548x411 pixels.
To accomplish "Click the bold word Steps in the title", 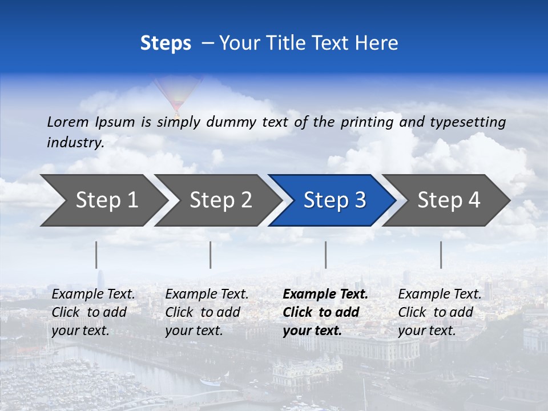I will pyautogui.click(x=166, y=43).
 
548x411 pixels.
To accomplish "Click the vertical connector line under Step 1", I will pyautogui.click(x=96, y=255).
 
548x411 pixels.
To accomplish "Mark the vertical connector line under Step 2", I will pyautogui.click(x=211, y=255).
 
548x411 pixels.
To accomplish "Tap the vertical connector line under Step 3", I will pyautogui.click(x=325, y=255).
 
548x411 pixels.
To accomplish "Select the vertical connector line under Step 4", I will pyautogui.click(x=441, y=255).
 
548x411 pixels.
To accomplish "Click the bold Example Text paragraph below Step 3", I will pyautogui.click(x=325, y=312).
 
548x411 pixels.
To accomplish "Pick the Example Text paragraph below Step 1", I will pyautogui.click(x=93, y=312).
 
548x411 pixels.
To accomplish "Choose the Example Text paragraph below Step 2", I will pyautogui.click(x=207, y=312).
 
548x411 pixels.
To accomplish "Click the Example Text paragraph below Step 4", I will pyautogui.click(x=440, y=312).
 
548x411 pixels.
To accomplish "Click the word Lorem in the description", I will pyautogui.click(x=68, y=122).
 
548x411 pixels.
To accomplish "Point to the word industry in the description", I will pyautogui.click(x=75, y=142).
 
